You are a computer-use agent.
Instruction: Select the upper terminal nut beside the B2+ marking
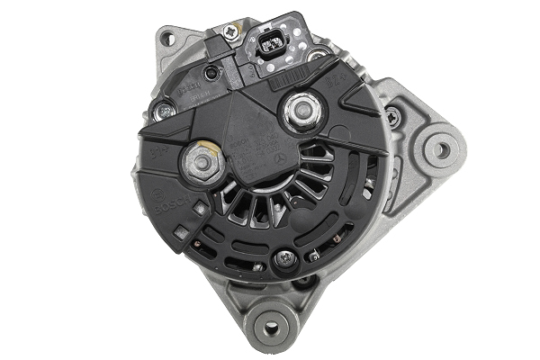pos(296,112)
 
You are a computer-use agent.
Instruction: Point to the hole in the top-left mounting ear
pos(168,37)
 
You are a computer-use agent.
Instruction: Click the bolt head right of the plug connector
pos(315,55)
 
